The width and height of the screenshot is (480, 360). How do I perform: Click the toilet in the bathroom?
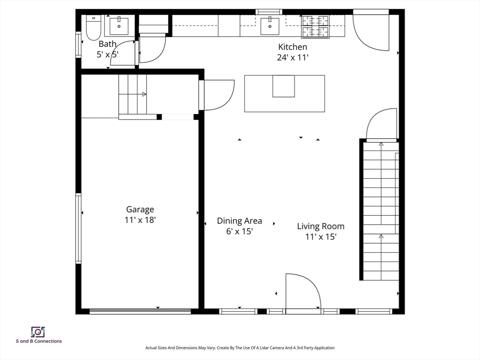coord(93,28)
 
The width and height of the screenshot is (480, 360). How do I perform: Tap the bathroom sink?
coord(119,26)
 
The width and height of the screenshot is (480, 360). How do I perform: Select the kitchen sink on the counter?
coord(270,26)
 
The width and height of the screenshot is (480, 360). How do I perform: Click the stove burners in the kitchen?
coord(315,27)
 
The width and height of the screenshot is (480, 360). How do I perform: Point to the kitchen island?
coord(285,93)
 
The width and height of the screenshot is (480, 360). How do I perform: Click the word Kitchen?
coord(292,47)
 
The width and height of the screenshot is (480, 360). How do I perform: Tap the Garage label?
coord(140,210)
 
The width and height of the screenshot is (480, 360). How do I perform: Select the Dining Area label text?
coord(240,221)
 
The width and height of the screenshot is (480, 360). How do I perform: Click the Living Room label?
coord(321,226)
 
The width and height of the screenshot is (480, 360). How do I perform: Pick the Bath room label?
coord(107,44)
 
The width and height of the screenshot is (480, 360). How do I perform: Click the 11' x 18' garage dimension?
coord(140,220)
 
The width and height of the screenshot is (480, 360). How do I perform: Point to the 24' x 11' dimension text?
coord(292,58)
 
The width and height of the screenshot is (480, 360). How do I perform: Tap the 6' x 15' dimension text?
coord(240,232)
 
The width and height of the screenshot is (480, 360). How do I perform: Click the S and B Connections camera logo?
coord(38,332)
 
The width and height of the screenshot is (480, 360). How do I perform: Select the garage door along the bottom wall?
coord(140,311)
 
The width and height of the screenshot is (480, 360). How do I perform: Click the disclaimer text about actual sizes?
coord(240,348)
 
